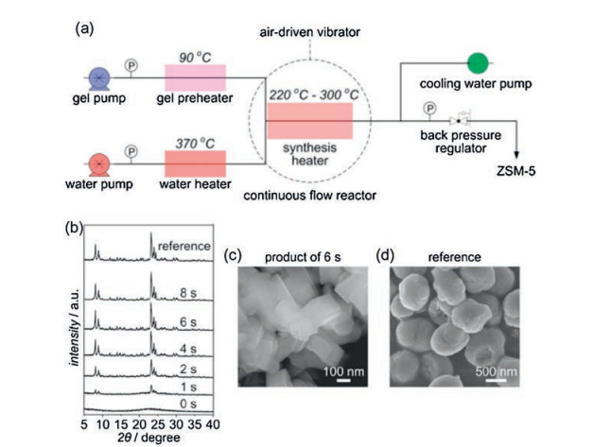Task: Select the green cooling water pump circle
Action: [x=479, y=62]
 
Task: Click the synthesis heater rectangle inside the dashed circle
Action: [x=309, y=120]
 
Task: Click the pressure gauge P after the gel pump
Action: [x=133, y=66]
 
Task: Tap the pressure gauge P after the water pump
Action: [x=131, y=149]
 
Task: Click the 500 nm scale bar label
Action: [x=497, y=370]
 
